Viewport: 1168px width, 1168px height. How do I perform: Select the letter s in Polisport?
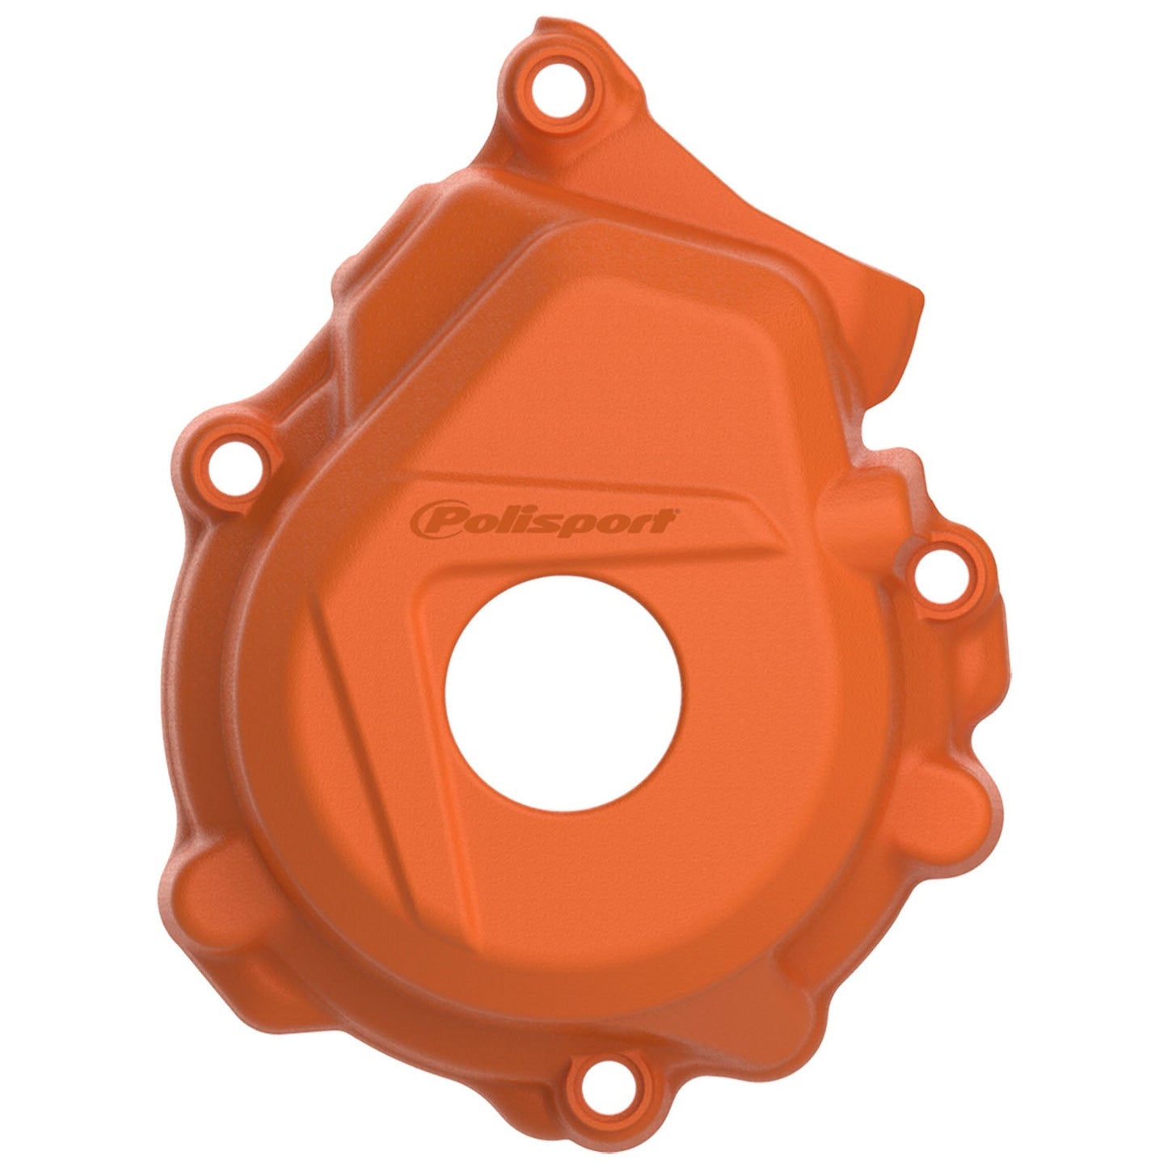pos(559,522)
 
